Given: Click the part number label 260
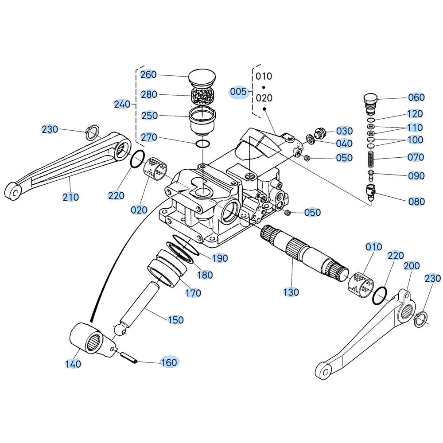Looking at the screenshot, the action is click(148, 74).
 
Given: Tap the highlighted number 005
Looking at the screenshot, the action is click(238, 92).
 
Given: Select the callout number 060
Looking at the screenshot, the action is click(416, 97).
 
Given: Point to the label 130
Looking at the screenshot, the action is click(291, 292).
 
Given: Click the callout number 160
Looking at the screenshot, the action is click(169, 362).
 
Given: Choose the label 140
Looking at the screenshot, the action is click(73, 364).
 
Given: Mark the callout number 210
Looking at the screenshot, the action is click(70, 197).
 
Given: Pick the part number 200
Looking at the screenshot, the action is click(412, 265).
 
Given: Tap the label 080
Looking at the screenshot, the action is click(416, 202).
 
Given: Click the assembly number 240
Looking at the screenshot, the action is click(122, 104).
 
